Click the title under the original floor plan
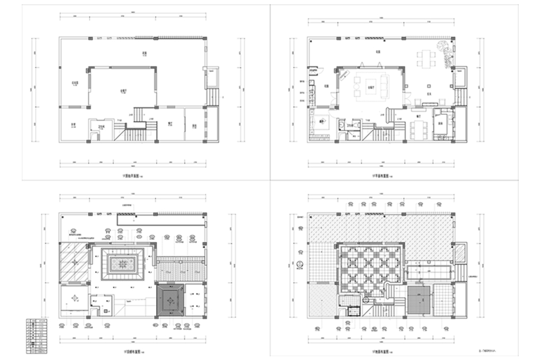click(130, 173)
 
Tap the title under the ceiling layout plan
click(130, 351)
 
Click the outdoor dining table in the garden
click(426, 58)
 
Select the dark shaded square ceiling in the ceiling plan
click(170, 300)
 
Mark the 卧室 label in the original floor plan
click(73, 125)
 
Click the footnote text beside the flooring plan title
click(487, 350)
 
